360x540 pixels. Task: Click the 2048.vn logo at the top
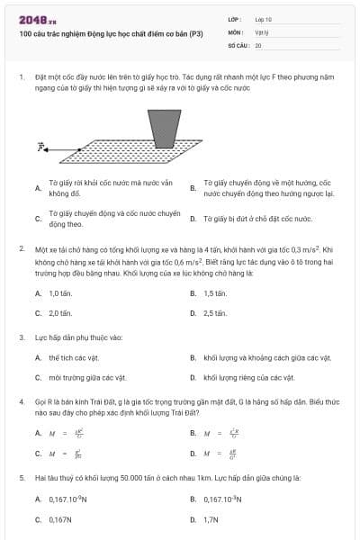pyautogui.click(x=37, y=19)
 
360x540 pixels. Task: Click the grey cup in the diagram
pyautogui.click(x=164, y=127)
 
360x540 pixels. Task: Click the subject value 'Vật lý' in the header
pyautogui.click(x=262, y=31)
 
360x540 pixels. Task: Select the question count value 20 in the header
pyautogui.click(x=258, y=44)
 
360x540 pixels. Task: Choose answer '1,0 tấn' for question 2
pyautogui.click(x=59, y=293)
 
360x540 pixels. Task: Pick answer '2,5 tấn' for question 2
pyautogui.click(x=214, y=313)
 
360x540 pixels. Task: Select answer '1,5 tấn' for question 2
pyautogui.click(x=214, y=293)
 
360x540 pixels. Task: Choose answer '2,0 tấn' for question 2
pyautogui.click(x=59, y=313)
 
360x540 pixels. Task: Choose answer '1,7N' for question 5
pyautogui.click(x=211, y=519)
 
